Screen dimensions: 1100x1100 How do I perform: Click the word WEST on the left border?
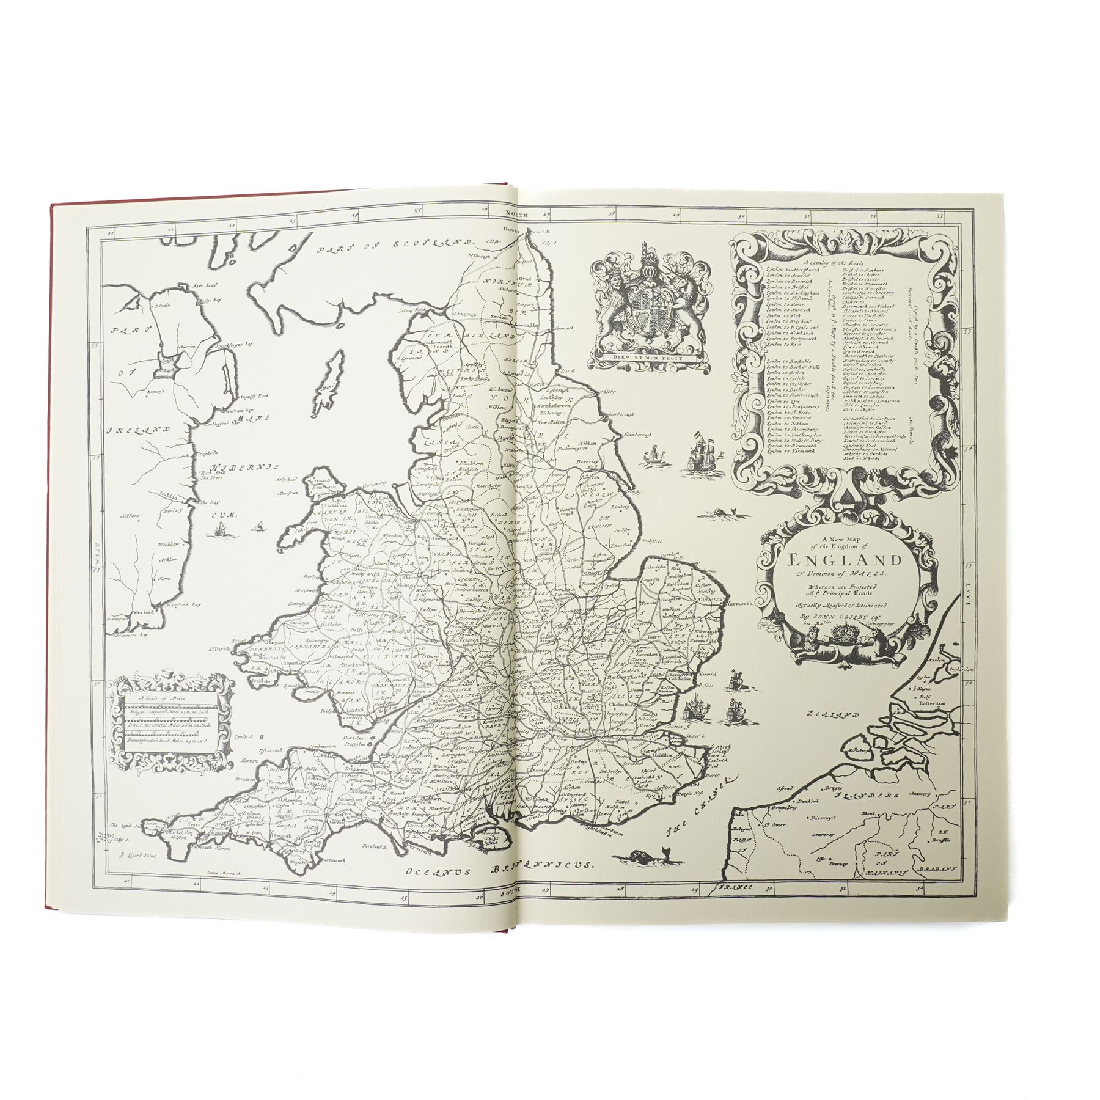point(96,555)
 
